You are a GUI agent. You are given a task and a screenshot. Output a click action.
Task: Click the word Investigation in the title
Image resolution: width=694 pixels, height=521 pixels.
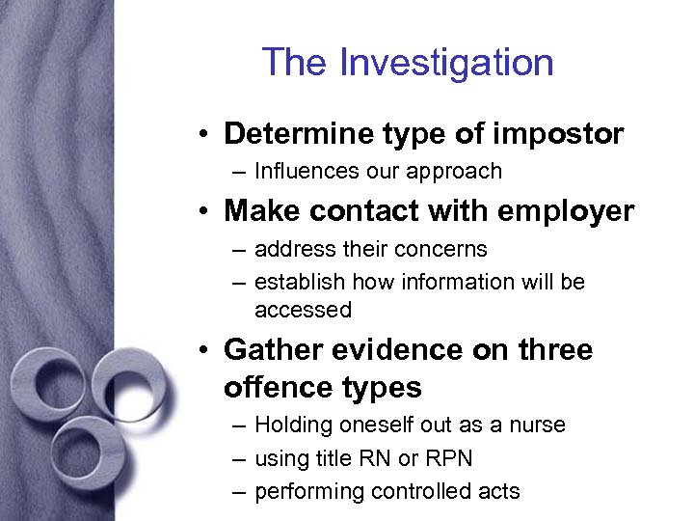click(446, 63)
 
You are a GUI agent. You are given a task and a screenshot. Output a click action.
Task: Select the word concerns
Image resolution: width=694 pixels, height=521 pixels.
click(441, 249)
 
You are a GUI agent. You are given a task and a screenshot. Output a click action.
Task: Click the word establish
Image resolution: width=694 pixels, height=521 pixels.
click(300, 282)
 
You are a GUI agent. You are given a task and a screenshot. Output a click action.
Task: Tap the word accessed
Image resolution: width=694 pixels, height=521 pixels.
click(303, 310)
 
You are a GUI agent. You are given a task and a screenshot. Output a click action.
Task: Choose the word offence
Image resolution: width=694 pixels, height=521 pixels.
click(274, 388)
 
